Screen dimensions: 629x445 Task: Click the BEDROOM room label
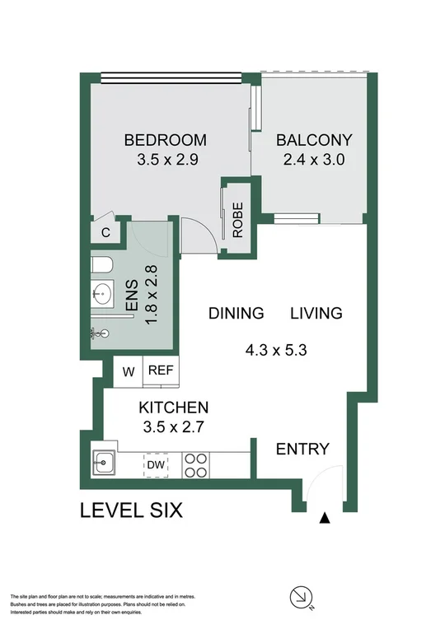pos(165,139)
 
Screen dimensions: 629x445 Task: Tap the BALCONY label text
pos(314,139)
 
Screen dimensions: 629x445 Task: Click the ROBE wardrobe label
pos(237,221)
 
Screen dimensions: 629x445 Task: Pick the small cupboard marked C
pos(105,233)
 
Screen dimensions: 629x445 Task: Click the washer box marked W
pos(129,370)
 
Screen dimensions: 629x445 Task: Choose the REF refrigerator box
pos(160,370)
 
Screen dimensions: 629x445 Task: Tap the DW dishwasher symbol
pos(156,465)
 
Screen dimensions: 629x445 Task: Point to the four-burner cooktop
pos(194,465)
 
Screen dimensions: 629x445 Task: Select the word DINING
pos(236,313)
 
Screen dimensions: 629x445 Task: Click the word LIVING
pos(315,313)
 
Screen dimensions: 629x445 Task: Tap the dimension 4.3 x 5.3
pos(275,348)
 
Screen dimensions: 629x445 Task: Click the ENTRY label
pos(302,449)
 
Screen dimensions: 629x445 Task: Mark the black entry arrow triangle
pos(325,518)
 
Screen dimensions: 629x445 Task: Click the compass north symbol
pos(302,596)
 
